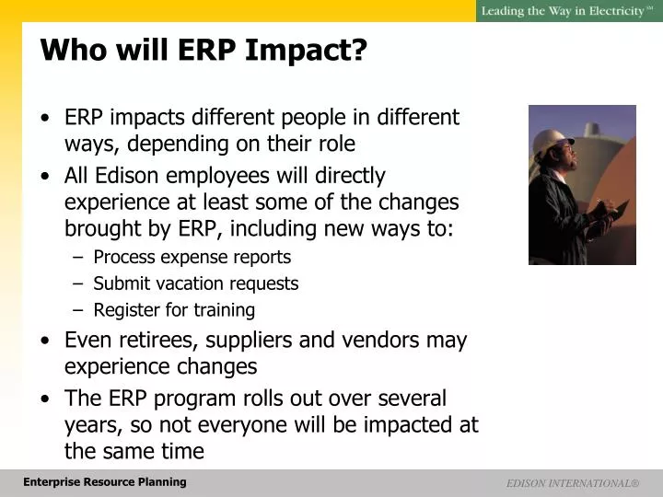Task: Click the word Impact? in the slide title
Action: [306, 51]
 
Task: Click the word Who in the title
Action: [74, 50]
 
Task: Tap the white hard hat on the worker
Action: [552, 141]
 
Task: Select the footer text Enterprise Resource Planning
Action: [105, 482]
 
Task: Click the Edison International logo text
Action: [573, 483]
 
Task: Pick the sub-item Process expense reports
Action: [192, 257]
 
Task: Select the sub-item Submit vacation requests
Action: [196, 283]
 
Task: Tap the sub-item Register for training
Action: [174, 310]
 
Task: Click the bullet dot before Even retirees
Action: [45, 341]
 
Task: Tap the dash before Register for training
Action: [77, 310]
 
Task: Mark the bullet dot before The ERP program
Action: [45, 399]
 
